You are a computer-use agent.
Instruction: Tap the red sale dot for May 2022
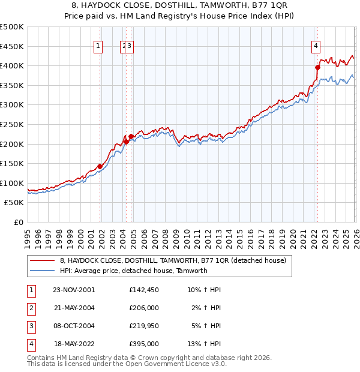pyautogui.click(x=317, y=67)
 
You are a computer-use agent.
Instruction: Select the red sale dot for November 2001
pyautogui.click(x=100, y=166)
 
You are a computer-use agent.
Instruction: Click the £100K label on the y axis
pyautogui.click(x=12, y=183)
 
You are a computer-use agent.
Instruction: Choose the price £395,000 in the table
pyautogui.click(x=144, y=344)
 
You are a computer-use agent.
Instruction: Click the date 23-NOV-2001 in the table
pyautogui.click(x=74, y=290)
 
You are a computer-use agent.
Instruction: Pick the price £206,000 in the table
pyautogui.click(x=144, y=308)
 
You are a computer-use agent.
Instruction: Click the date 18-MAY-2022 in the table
pyautogui.click(x=74, y=344)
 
